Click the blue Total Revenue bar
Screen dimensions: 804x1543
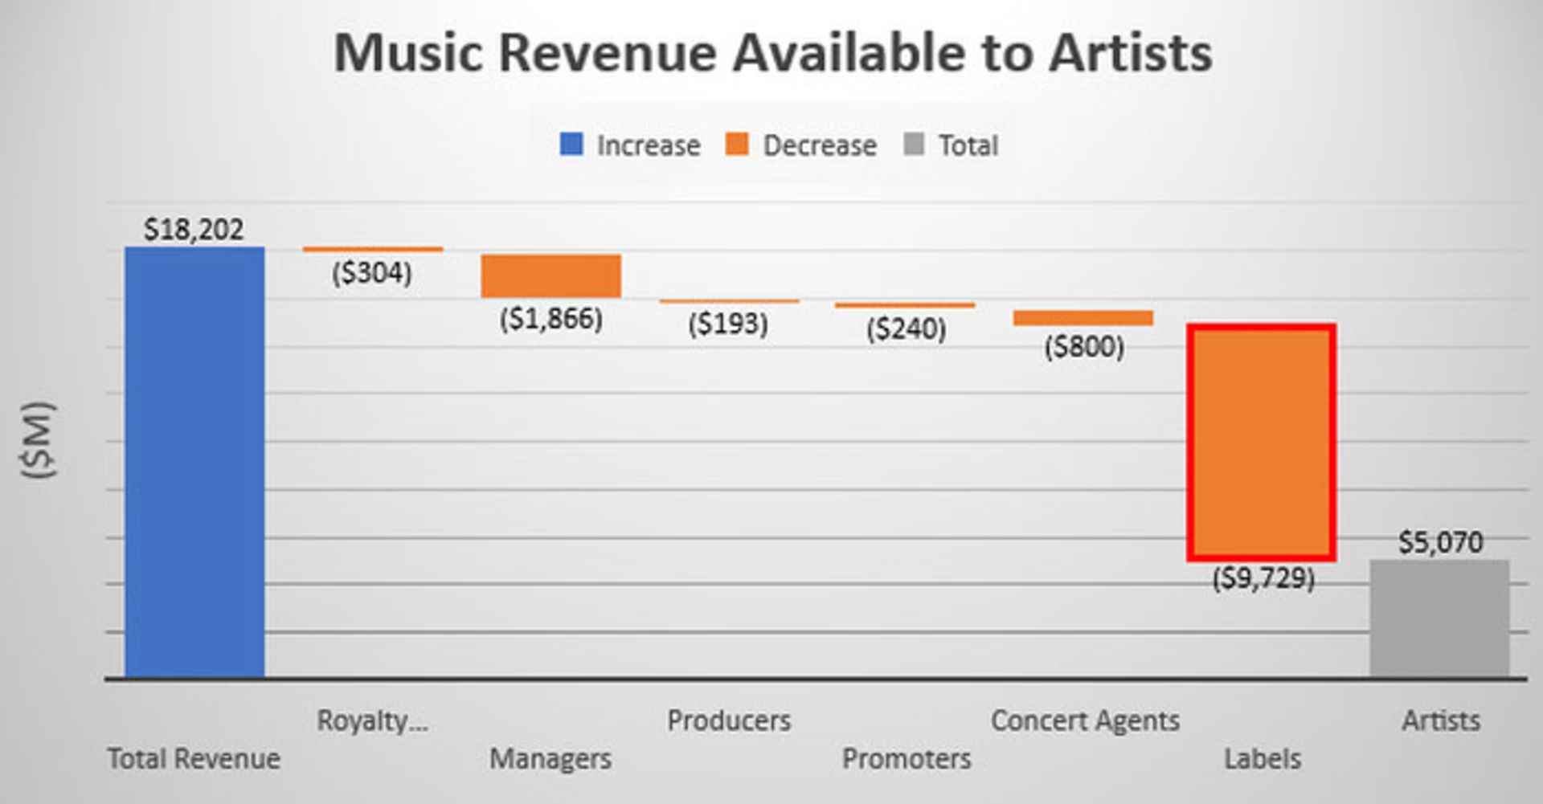194,462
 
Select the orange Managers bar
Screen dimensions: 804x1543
551,275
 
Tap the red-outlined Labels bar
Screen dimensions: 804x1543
1262,443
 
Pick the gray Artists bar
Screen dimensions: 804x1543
1439,618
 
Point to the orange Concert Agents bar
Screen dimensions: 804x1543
1083,318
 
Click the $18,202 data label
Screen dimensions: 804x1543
193,230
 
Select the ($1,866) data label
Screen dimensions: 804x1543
551,319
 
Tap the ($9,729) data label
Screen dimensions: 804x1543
1263,577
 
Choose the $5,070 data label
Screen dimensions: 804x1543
1440,542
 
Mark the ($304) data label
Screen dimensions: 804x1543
372,273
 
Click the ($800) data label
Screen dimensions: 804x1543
1084,347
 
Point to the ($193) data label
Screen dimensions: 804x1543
728,324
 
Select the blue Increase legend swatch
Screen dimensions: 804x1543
571,145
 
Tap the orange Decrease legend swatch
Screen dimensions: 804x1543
737,145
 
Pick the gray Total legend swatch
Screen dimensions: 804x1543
915,145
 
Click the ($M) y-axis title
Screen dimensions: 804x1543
39,440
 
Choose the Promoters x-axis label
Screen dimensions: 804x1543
907,758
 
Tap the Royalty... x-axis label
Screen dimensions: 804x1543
372,720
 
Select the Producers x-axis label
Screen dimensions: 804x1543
729,720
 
